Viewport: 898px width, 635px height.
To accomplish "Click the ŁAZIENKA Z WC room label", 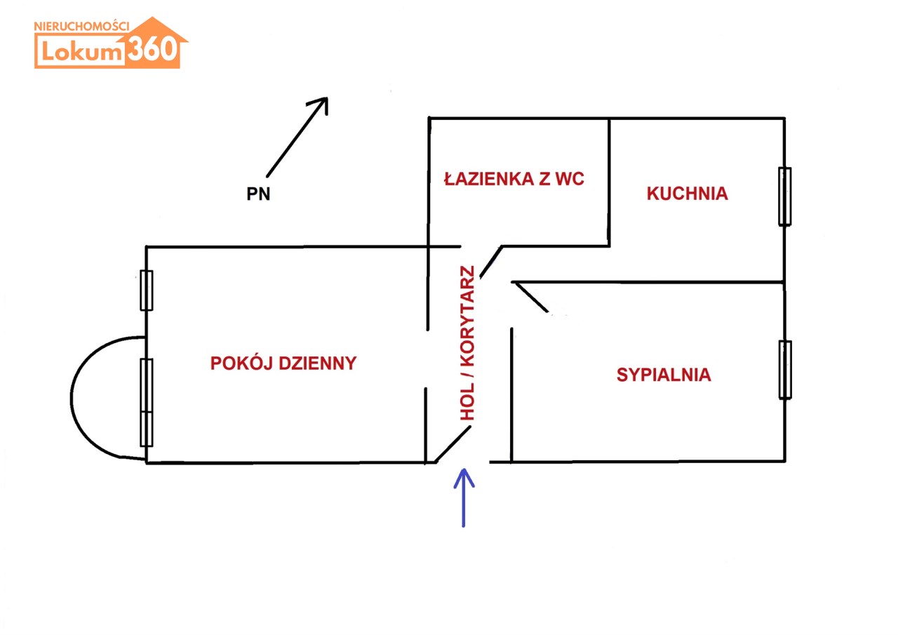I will coord(514,179).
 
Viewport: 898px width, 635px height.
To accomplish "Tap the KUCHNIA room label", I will coord(687,194).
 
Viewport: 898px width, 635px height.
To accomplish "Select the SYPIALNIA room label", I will coord(664,375).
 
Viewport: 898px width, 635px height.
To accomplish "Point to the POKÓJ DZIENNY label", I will coord(283,363).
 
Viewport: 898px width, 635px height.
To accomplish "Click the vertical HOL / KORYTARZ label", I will coord(467,344).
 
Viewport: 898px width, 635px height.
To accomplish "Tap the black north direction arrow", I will coord(297,136).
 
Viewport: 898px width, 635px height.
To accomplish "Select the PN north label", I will coord(258,194).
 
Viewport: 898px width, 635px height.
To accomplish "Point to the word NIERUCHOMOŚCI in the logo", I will coord(81,26).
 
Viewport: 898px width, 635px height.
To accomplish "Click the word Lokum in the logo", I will coord(81,51).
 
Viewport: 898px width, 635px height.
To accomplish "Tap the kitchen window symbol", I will coord(784,196).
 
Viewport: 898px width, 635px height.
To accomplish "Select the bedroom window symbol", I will coord(785,370).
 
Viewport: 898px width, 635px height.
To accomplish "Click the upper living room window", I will coord(147,290).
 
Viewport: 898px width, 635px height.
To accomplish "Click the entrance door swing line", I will coord(453,445).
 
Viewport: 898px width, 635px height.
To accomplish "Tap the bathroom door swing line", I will coord(490,262).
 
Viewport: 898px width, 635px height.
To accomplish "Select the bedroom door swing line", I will coord(531,297).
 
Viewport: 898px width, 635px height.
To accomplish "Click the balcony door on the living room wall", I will coord(147,402).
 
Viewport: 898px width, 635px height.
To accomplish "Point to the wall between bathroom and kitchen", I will coord(609,182).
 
